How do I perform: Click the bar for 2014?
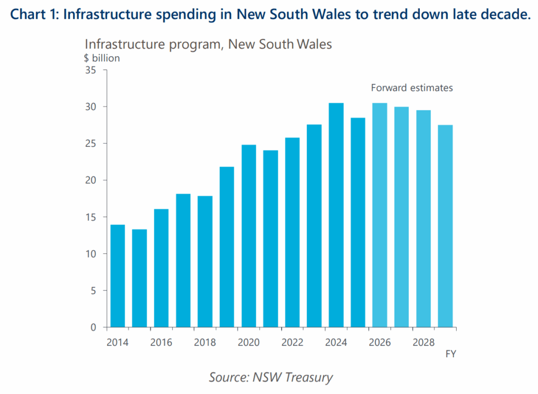[x=117, y=276]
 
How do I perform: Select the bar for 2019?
[x=226, y=247]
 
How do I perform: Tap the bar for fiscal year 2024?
[x=336, y=215]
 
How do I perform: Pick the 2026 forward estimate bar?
[x=379, y=215]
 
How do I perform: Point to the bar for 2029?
[x=445, y=226]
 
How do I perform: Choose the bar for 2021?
[x=270, y=239]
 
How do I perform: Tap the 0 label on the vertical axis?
[x=92, y=327]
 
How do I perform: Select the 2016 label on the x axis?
[x=161, y=342]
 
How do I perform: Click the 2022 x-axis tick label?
[x=292, y=342]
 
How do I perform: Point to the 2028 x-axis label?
[x=423, y=342]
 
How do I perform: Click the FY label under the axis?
[x=450, y=354]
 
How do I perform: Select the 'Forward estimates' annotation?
[x=412, y=88]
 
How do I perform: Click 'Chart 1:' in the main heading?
[x=34, y=14]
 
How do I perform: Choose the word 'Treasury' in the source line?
[x=309, y=377]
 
